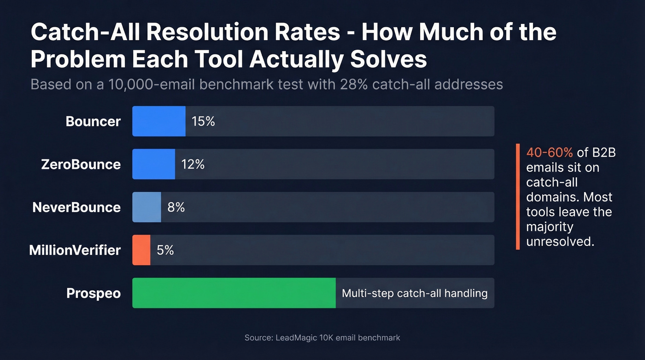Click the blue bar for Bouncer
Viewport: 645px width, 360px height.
[x=159, y=121]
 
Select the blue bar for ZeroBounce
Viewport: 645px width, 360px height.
[x=153, y=164]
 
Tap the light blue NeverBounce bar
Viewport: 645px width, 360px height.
[x=147, y=207]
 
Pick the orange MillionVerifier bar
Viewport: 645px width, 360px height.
[x=141, y=250]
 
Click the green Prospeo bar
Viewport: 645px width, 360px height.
[x=234, y=293]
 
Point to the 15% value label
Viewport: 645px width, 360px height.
[x=203, y=121]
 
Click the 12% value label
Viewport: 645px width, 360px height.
[x=193, y=164]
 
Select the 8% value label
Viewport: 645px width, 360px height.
[x=176, y=207]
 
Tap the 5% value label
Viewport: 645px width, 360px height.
[x=165, y=250]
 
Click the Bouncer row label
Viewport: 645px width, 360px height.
[x=93, y=121]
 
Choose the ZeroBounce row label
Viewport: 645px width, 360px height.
[x=81, y=164]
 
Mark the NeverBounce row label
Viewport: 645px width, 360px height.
[x=76, y=207]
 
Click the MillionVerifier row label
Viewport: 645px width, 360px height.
[x=75, y=250]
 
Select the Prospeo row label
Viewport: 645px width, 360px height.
[x=94, y=293]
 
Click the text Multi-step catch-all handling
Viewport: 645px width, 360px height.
[x=414, y=293]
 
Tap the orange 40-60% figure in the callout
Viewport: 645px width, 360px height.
[x=549, y=153]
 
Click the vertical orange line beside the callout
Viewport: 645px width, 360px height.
[x=518, y=197]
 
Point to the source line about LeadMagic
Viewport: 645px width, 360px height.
[x=322, y=338]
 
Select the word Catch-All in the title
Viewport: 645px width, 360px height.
[x=85, y=33]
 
